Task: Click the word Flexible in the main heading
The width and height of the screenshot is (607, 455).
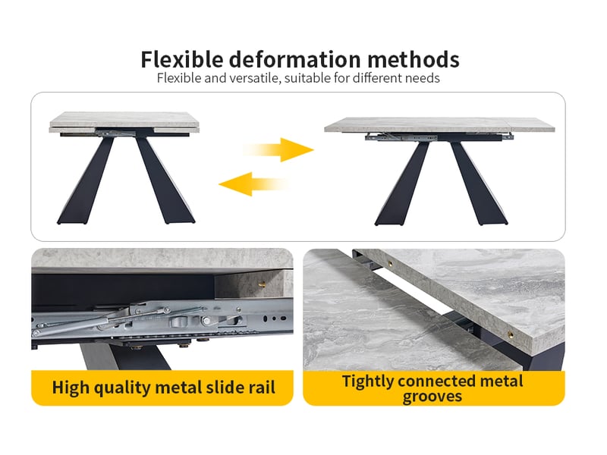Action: [x=182, y=59]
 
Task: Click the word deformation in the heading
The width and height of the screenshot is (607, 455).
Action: [x=295, y=59]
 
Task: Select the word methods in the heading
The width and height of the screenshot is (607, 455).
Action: [x=414, y=59]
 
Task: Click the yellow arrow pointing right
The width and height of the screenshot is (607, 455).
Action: [x=278, y=149]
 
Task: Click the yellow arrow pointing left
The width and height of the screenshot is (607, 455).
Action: [x=253, y=184]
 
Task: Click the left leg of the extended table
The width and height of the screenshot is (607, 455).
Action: [x=404, y=184]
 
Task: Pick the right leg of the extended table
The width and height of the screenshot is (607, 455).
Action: [x=478, y=184]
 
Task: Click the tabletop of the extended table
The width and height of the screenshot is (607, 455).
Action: [x=439, y=124]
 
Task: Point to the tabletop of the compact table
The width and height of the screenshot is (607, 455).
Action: [x=124, y=121]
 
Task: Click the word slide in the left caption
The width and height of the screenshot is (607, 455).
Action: [x=222, y=388]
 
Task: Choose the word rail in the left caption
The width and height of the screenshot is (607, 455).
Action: [x=260, y=388]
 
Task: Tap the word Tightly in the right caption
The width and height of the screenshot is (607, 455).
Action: [x=367, y=381]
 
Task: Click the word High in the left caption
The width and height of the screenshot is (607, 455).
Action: [x=71, y=388]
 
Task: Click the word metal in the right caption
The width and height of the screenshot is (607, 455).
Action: [x=502, y=381]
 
